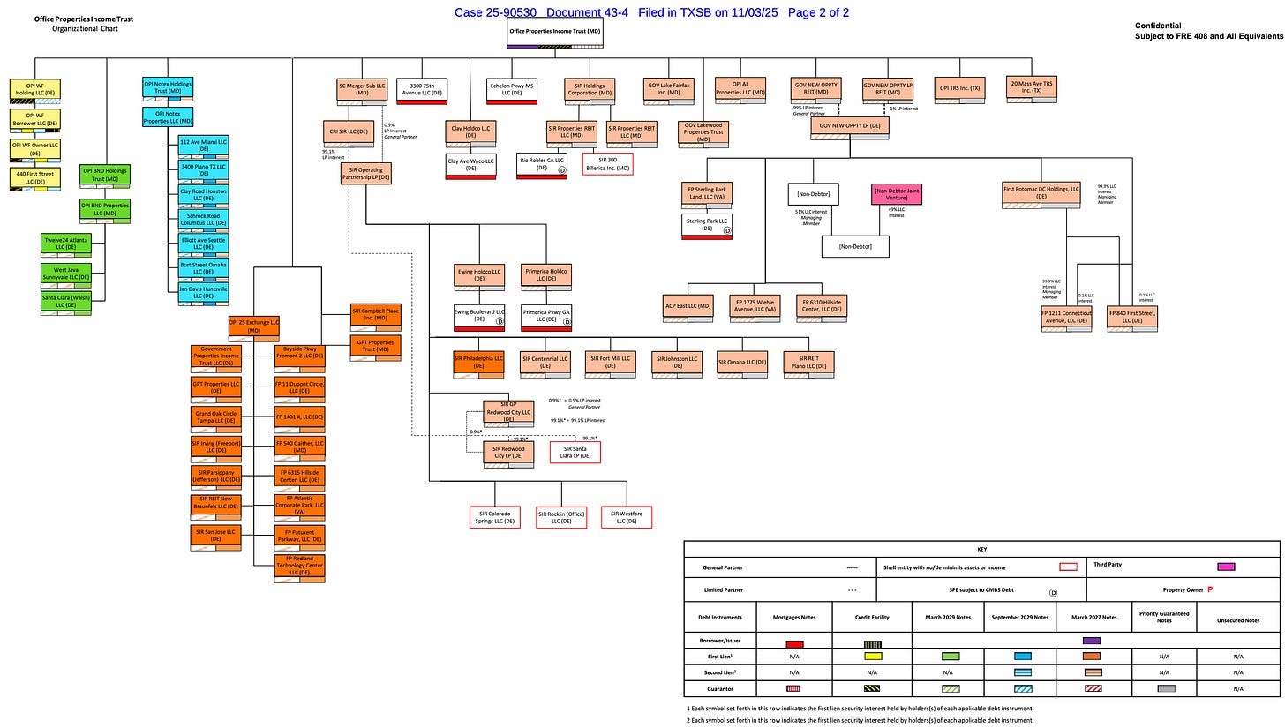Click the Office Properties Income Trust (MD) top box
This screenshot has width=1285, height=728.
click(555, 33)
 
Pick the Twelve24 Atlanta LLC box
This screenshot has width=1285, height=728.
click(65, 244)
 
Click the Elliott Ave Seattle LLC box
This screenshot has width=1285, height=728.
click(204, 243)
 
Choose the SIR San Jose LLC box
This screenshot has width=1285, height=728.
click(216, 536)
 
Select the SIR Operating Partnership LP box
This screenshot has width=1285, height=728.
click(365, 173)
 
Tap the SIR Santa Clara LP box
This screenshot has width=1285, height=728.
click(575, 453)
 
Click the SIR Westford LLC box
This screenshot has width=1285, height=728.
click(627, 517)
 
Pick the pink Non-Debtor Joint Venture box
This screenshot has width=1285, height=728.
click(897, 194)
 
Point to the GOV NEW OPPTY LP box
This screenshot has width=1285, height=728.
click(850, 126)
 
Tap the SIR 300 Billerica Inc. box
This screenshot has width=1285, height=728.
click(607, 164)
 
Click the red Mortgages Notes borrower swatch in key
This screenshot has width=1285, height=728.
click(794, 644)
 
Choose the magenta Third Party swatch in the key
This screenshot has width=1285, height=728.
click(1226, 567)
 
